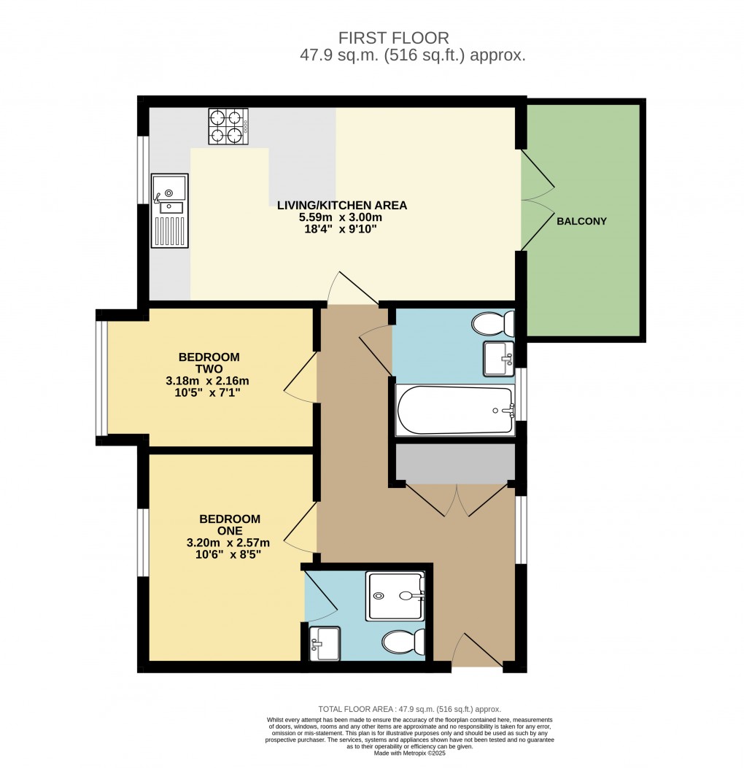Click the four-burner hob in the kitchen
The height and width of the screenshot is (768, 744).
[228, 126]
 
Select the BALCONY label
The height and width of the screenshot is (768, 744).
[581, 221]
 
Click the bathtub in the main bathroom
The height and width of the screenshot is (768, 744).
[455, 411]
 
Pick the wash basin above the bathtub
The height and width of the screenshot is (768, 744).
[500, 359]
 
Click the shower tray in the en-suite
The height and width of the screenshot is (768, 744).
[395, 596]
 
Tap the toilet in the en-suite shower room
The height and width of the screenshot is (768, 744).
[403, 643]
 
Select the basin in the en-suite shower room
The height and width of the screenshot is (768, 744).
[324, 644]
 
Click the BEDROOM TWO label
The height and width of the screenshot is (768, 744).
[209, 363]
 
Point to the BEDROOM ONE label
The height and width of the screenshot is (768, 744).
[230, 525]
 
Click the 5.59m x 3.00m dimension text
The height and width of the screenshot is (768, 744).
[341, 217]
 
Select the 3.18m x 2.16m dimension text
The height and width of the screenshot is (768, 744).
[208, 381]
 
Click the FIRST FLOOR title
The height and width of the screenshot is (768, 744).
[394, 38]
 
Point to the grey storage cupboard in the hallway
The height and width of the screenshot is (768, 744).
[456, 465]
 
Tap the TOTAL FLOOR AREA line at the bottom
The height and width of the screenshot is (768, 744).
[409, 709]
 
